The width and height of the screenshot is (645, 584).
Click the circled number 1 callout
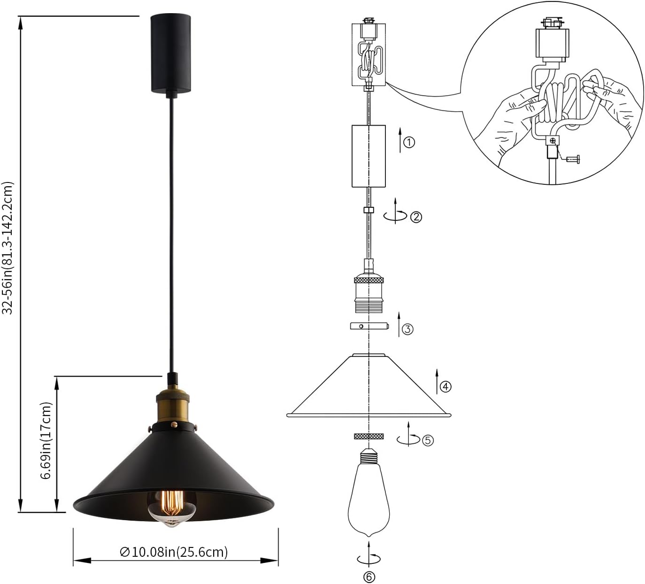click(409, 142)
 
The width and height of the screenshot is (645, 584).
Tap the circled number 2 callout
click(416, 217)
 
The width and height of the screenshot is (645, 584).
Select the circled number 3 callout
click(407, 329)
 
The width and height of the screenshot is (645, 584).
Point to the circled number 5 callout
click(428, 440)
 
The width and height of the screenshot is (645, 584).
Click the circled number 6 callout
click(369, 576)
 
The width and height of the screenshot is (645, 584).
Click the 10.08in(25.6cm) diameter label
click(174, 552)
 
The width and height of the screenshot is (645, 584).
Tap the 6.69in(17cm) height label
click(46, 440)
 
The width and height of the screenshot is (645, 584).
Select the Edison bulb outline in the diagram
click(369, 502)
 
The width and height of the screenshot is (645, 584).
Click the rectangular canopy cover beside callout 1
click(369, 156)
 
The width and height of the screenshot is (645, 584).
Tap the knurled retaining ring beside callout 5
click(369, 436)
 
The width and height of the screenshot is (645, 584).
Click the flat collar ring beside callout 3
click(369, 326)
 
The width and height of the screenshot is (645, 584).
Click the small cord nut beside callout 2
click(369, 210)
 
